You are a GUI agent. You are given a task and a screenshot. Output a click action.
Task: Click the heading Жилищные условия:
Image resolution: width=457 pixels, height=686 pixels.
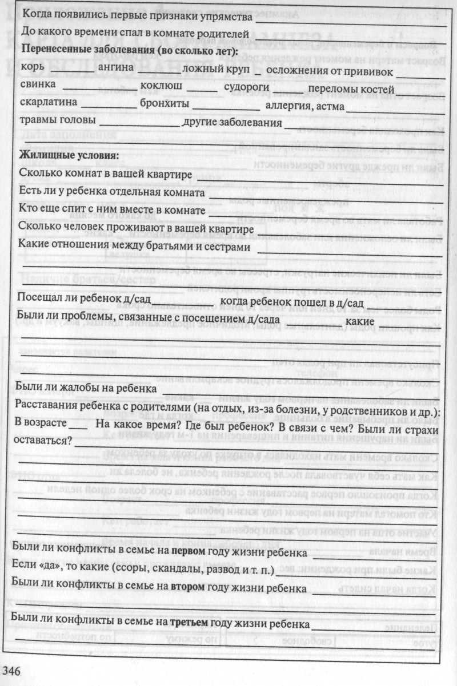click(69, 155)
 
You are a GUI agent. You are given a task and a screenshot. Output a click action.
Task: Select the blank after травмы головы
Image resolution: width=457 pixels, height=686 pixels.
click(139, 125)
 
